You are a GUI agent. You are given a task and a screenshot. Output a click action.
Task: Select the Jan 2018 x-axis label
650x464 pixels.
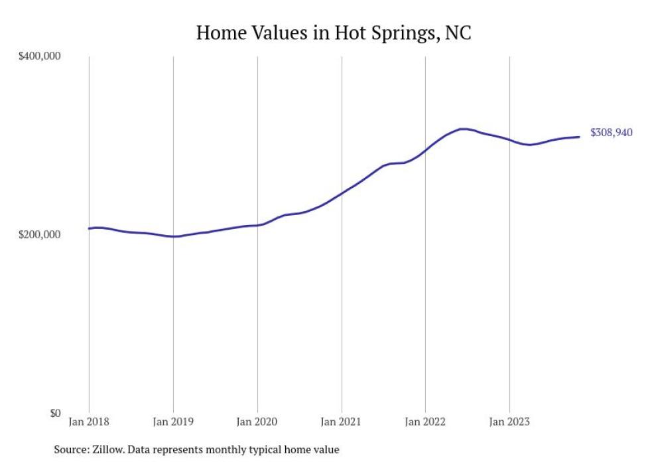point(89,421)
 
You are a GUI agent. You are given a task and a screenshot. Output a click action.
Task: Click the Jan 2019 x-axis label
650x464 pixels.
point(173,421)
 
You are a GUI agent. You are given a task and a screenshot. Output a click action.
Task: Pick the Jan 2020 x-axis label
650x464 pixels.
point(257,421)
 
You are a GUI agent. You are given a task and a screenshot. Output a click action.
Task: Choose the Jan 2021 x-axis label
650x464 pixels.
point(342,421)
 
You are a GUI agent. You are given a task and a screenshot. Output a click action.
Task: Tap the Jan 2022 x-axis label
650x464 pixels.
point(425,421)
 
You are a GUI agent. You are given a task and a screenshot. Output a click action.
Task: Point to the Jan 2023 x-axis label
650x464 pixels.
point(509,421)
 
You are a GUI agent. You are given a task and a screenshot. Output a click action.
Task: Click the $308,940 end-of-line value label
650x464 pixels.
point(611,133)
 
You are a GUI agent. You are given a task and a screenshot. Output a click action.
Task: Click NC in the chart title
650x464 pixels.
point(458,33)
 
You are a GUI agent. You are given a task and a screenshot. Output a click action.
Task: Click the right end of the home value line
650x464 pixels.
point(579,137)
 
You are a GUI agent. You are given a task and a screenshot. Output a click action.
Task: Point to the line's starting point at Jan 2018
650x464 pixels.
point(89,228)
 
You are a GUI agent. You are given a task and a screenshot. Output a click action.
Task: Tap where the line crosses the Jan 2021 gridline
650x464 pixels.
point(342,193)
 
